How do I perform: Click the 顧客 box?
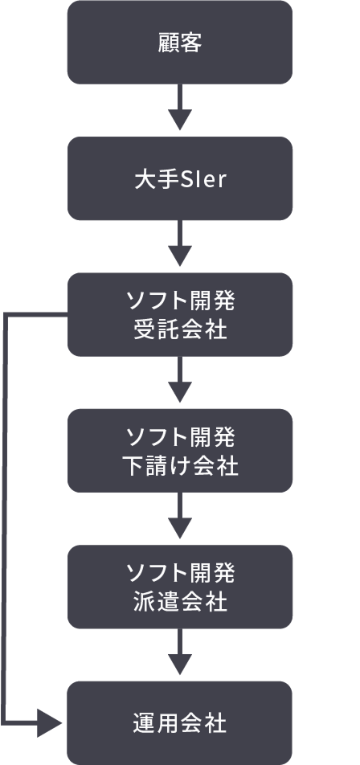(x=179, y=43)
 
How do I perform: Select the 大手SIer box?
(x=179, y=178)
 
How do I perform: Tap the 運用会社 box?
(x=179, y=722)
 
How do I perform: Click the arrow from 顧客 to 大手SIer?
(x=179, y=108)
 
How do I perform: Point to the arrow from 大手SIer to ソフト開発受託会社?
(x=179, y=243)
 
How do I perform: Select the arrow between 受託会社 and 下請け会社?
(x=179, y=379)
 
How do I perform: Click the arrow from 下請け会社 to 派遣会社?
(x=179, y=516)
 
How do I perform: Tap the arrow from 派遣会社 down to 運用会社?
(x=179, y=652)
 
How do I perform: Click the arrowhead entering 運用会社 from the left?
(x=49, y=722)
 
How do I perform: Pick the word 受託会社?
(x=180, y=330)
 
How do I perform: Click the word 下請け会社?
(x=180, y=466)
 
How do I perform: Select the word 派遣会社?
(x=180, y=603)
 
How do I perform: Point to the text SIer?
(x=204, y=179)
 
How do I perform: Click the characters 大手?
(x=157, y=179)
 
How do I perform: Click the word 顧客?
(x=180, y=43)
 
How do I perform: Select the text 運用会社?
(x=179, y=723)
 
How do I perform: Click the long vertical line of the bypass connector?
(x=5, y=518)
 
